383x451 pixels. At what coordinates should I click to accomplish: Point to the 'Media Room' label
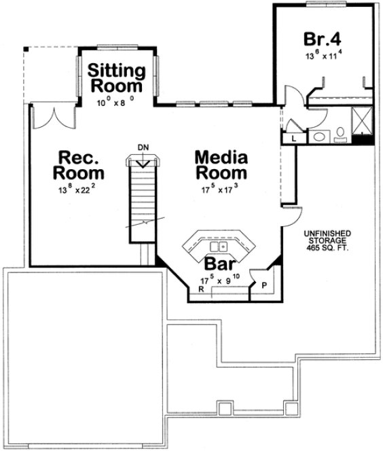[221, 165]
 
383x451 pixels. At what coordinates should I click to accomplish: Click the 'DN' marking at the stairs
[142, 147]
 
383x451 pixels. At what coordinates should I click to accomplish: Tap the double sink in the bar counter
[218, 245]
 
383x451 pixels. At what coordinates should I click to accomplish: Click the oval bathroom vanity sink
[318, 137]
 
